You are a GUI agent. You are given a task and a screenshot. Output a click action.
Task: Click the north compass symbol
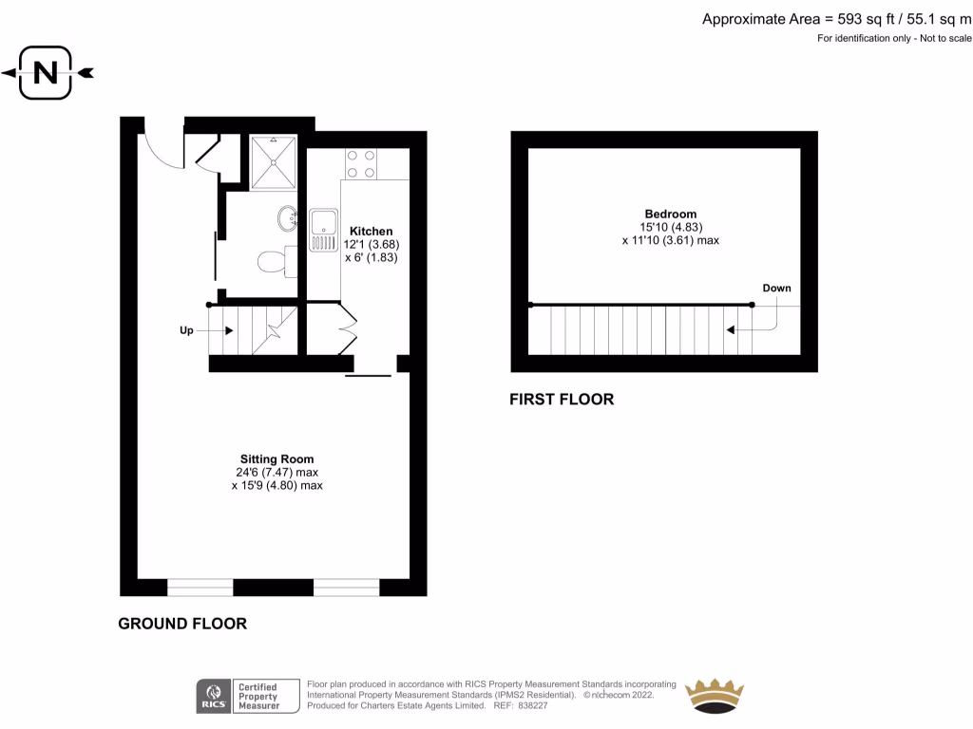(46, 72)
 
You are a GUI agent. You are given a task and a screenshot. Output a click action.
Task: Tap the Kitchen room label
(371, 232)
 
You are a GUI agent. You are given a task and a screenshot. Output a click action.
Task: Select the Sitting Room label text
(277, 459)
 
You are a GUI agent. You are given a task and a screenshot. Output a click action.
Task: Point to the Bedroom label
(670, 215)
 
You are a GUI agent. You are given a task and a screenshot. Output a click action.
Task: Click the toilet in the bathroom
(273, 260)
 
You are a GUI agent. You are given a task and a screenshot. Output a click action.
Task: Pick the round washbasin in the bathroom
(287, 218)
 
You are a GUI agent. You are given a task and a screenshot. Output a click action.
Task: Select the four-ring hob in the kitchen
(361, 163)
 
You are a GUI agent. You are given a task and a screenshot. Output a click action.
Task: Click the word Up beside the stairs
(186, 330)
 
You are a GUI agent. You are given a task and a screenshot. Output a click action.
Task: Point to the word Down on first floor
(775, 289)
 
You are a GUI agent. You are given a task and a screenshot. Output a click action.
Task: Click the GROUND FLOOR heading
(182, 624)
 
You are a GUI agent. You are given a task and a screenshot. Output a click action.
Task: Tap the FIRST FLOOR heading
(563, 400)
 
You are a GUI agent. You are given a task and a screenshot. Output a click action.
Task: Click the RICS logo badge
(211, 696)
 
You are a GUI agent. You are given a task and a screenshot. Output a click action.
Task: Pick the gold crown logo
(715, 695)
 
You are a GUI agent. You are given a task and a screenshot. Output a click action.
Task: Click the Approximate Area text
(837, 19)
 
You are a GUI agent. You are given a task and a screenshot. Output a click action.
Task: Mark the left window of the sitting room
(200, 588)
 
